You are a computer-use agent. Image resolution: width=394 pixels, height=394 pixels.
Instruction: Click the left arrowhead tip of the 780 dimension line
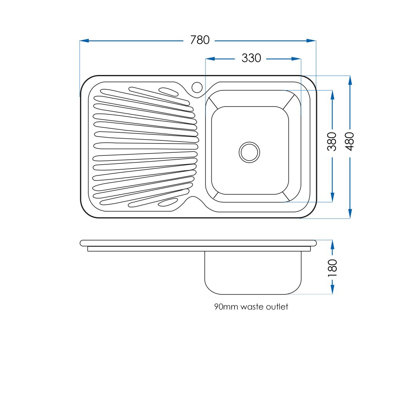tap(80, 40)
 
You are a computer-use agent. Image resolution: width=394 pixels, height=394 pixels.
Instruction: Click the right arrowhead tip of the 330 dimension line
tap(301, 59)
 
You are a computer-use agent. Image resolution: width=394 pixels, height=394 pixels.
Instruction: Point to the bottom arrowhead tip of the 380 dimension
tap(332, 202)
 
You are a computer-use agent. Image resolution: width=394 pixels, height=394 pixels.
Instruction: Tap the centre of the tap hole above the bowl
tap(197, 87)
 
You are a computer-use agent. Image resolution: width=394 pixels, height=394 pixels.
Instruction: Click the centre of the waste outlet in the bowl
tap(249, 152)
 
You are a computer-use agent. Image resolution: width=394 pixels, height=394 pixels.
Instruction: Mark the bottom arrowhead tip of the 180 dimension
tap(332, 294)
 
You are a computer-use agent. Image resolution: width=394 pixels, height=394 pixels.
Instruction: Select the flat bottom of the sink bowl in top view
tap(250, 150)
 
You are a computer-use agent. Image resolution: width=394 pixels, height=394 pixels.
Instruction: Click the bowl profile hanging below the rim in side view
tap(253, 273)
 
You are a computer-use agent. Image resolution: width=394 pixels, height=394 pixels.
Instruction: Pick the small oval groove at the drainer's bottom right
tap(168, 202)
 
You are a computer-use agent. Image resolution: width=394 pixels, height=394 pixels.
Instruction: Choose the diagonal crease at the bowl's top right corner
tap(289, 102)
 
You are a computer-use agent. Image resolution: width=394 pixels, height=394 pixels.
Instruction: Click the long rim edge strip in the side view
tap(198, 243)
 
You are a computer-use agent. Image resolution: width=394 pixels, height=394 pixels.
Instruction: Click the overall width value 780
tap(200, 40)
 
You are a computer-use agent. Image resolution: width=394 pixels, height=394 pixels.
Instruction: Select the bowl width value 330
tap(251, 58)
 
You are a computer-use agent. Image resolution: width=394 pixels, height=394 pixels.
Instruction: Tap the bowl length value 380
tap(332, 142)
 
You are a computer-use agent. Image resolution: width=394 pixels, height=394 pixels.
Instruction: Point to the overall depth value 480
tap(350, 142)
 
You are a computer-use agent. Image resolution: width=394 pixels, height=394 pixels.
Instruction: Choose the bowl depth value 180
tap(332, 268)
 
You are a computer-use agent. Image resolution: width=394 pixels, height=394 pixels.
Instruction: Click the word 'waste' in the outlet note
tap(252, 307)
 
